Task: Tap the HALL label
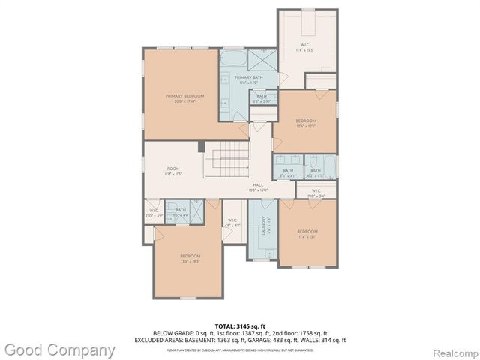(x=258, y=186)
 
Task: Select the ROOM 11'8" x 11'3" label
(x=174, y=171)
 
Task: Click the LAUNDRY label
(x=263, y=225)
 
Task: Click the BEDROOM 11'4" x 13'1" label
(x=307, y=232)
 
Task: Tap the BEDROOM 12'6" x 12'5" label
(x=305, y=122)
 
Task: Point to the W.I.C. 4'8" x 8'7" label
(x=232, y=223)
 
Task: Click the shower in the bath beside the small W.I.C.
(x=196, y=211)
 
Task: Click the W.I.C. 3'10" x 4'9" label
(x=153, y=214)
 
